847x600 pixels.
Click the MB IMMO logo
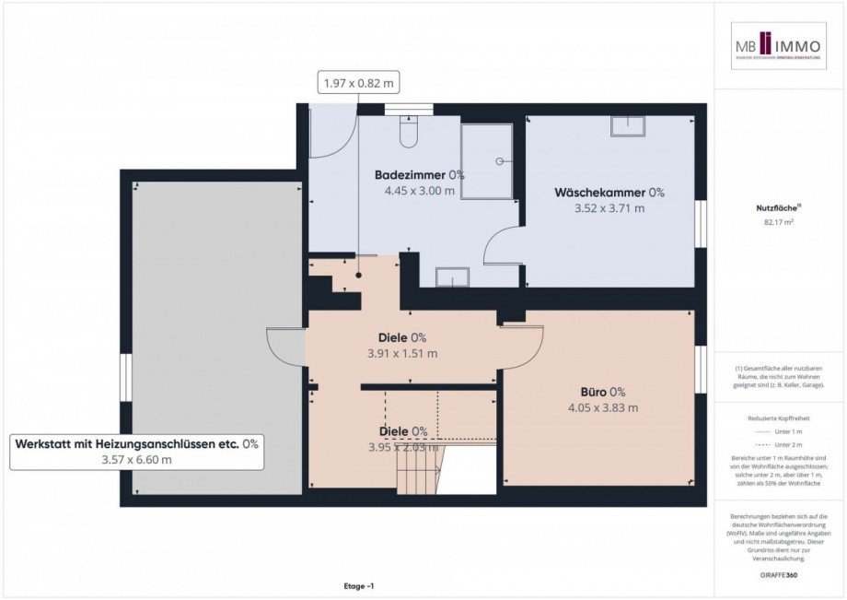[x=779, y=46]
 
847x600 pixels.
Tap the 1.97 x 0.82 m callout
[x=358, y=83]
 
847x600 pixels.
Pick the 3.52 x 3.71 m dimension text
[x=609, y=208]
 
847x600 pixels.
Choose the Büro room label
[x=603, y=391]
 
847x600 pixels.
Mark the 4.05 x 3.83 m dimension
[x=603, y=407]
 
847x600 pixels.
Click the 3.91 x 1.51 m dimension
[x=402, y=353]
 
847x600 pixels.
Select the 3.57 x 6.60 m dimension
[x=136, y=460]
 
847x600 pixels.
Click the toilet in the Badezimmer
[x=409, y=135]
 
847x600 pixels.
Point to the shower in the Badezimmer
[x=486, y=161]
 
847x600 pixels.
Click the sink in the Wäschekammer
[x=627, y=126]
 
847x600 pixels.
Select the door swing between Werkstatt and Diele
[x=286, y=347]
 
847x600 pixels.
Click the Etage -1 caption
[x=357, y=586]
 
